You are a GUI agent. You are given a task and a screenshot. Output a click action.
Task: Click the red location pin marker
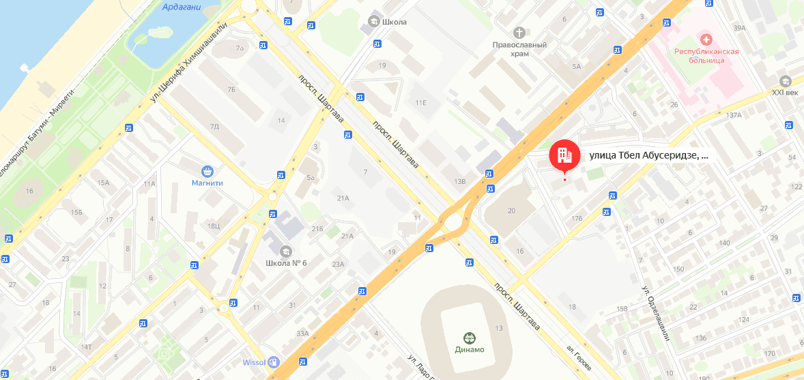tap(564, 157)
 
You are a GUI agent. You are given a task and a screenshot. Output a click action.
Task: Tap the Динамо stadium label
tap(470, 350)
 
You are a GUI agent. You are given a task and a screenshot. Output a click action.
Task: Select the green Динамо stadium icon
tap(470, 338)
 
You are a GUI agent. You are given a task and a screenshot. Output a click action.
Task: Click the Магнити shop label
tap(207, 182)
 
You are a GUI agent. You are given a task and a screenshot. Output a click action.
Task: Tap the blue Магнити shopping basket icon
tap(207, 172)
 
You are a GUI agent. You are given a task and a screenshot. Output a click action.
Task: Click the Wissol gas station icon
tap(273, 362)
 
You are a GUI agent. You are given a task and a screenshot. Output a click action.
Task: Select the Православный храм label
tap(520, 49)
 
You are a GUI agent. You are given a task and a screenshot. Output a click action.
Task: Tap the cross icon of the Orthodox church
tap(520, 32)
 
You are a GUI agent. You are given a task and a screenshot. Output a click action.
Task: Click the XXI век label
tap(785, 92)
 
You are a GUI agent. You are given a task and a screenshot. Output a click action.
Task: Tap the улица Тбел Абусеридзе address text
tap(648, 155)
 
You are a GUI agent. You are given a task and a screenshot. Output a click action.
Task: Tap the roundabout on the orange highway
tap(453, 221)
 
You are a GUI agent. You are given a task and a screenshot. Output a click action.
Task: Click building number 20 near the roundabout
tap(511, 211)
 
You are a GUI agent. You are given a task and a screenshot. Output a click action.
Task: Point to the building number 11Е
tap(420, 103)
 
